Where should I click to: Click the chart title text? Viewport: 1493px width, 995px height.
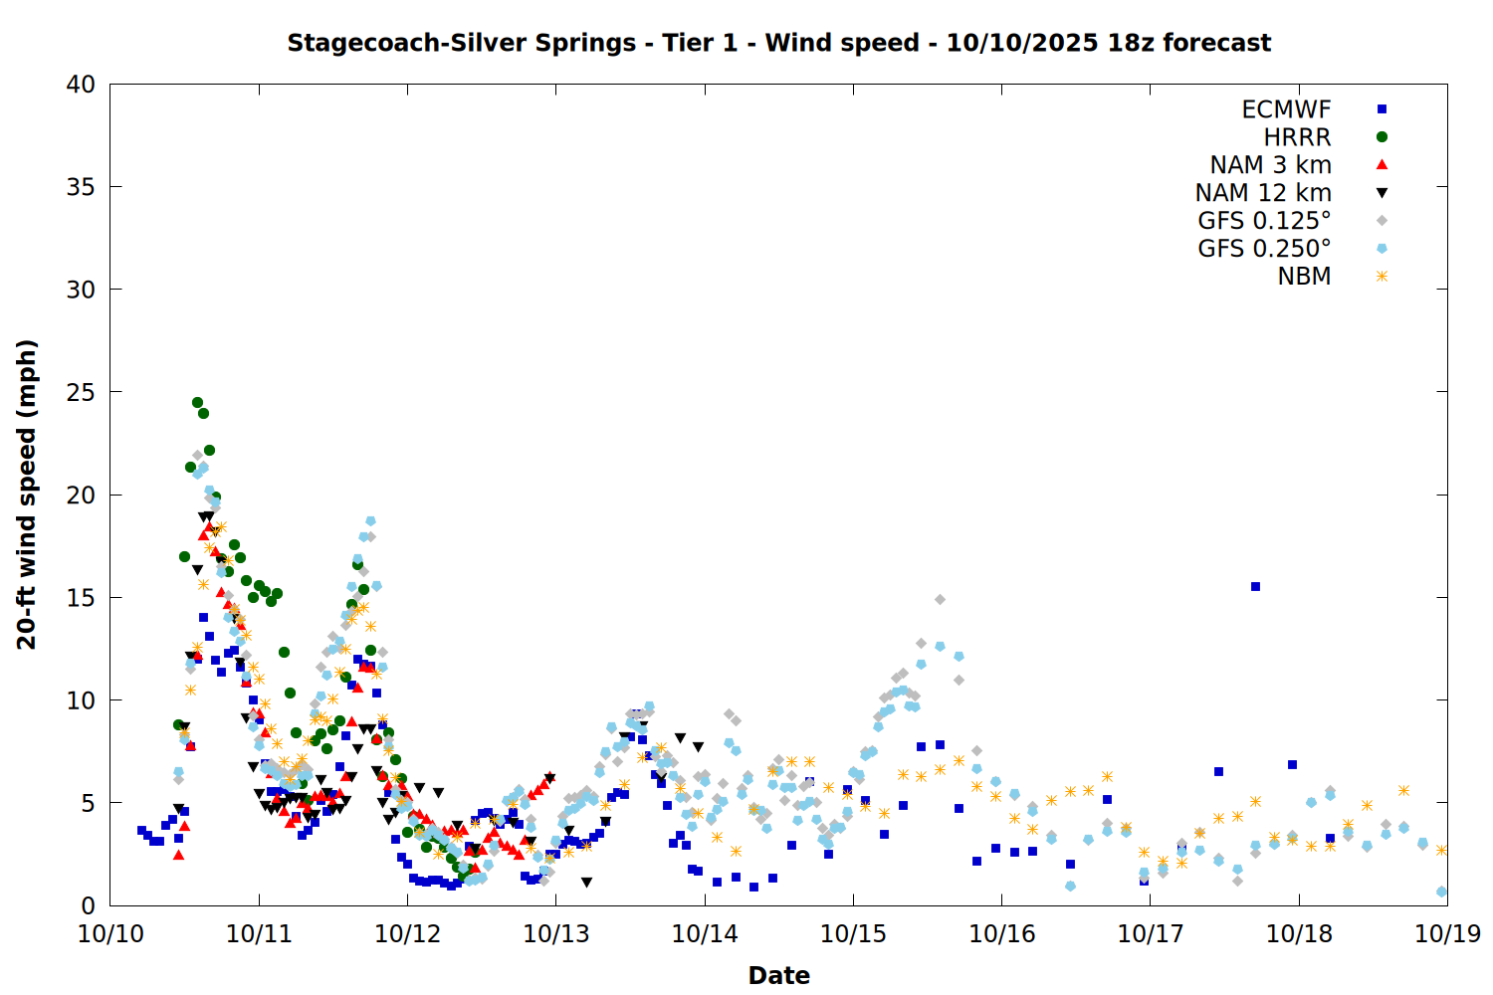point(778,43)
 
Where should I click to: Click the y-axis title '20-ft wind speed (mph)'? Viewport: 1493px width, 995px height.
point(27,495)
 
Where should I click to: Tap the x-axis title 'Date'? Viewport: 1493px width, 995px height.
point(778,975)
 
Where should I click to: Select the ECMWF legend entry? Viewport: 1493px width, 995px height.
point(1286,109)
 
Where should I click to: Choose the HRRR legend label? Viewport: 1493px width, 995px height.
point(1297,137)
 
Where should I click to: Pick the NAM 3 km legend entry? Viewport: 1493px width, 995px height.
point(1270,165)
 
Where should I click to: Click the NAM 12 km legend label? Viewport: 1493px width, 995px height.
point(1263,193)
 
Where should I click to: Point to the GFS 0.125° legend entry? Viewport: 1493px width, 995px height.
point(1264,221)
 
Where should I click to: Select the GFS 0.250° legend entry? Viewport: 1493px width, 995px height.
point(1264,249)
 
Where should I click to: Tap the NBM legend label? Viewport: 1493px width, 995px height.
point(1304,277)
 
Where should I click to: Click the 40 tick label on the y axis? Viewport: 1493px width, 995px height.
point(81,85)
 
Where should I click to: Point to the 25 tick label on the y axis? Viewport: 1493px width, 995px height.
point(81,392)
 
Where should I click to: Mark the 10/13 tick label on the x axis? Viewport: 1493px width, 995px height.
point(556,933)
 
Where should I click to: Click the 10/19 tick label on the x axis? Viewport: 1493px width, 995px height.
point(1447,933)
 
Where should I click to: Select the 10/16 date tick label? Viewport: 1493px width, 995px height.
point(1001,933)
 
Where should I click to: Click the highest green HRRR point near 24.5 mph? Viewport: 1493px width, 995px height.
point(197,403)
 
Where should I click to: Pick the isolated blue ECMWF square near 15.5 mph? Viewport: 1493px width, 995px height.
point(1255,587)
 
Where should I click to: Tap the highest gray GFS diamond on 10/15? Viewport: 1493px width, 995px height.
point(940,599)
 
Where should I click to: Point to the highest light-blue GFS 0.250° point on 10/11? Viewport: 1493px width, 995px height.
point(370,520)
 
